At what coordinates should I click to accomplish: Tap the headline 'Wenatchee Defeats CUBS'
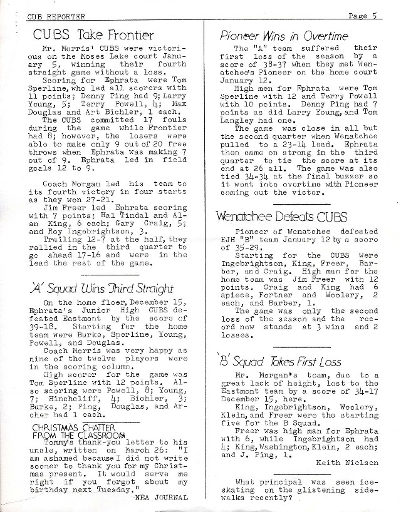coord(279,218)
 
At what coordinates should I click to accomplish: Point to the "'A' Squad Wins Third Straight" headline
coord(102,289)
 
